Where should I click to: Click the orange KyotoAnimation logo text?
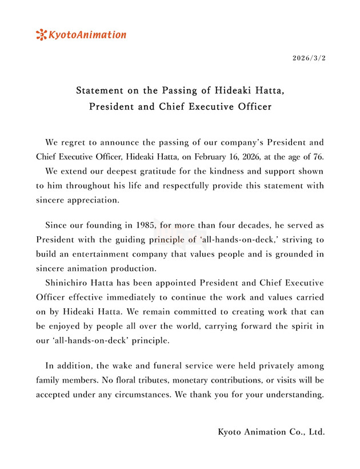point(87,35)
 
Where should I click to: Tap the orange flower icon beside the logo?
point(41,35)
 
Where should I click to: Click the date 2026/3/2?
point(309,58)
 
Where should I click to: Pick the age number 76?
point(317,156)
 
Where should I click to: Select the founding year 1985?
point(148,225)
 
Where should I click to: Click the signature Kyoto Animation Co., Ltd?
point(271,432)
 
